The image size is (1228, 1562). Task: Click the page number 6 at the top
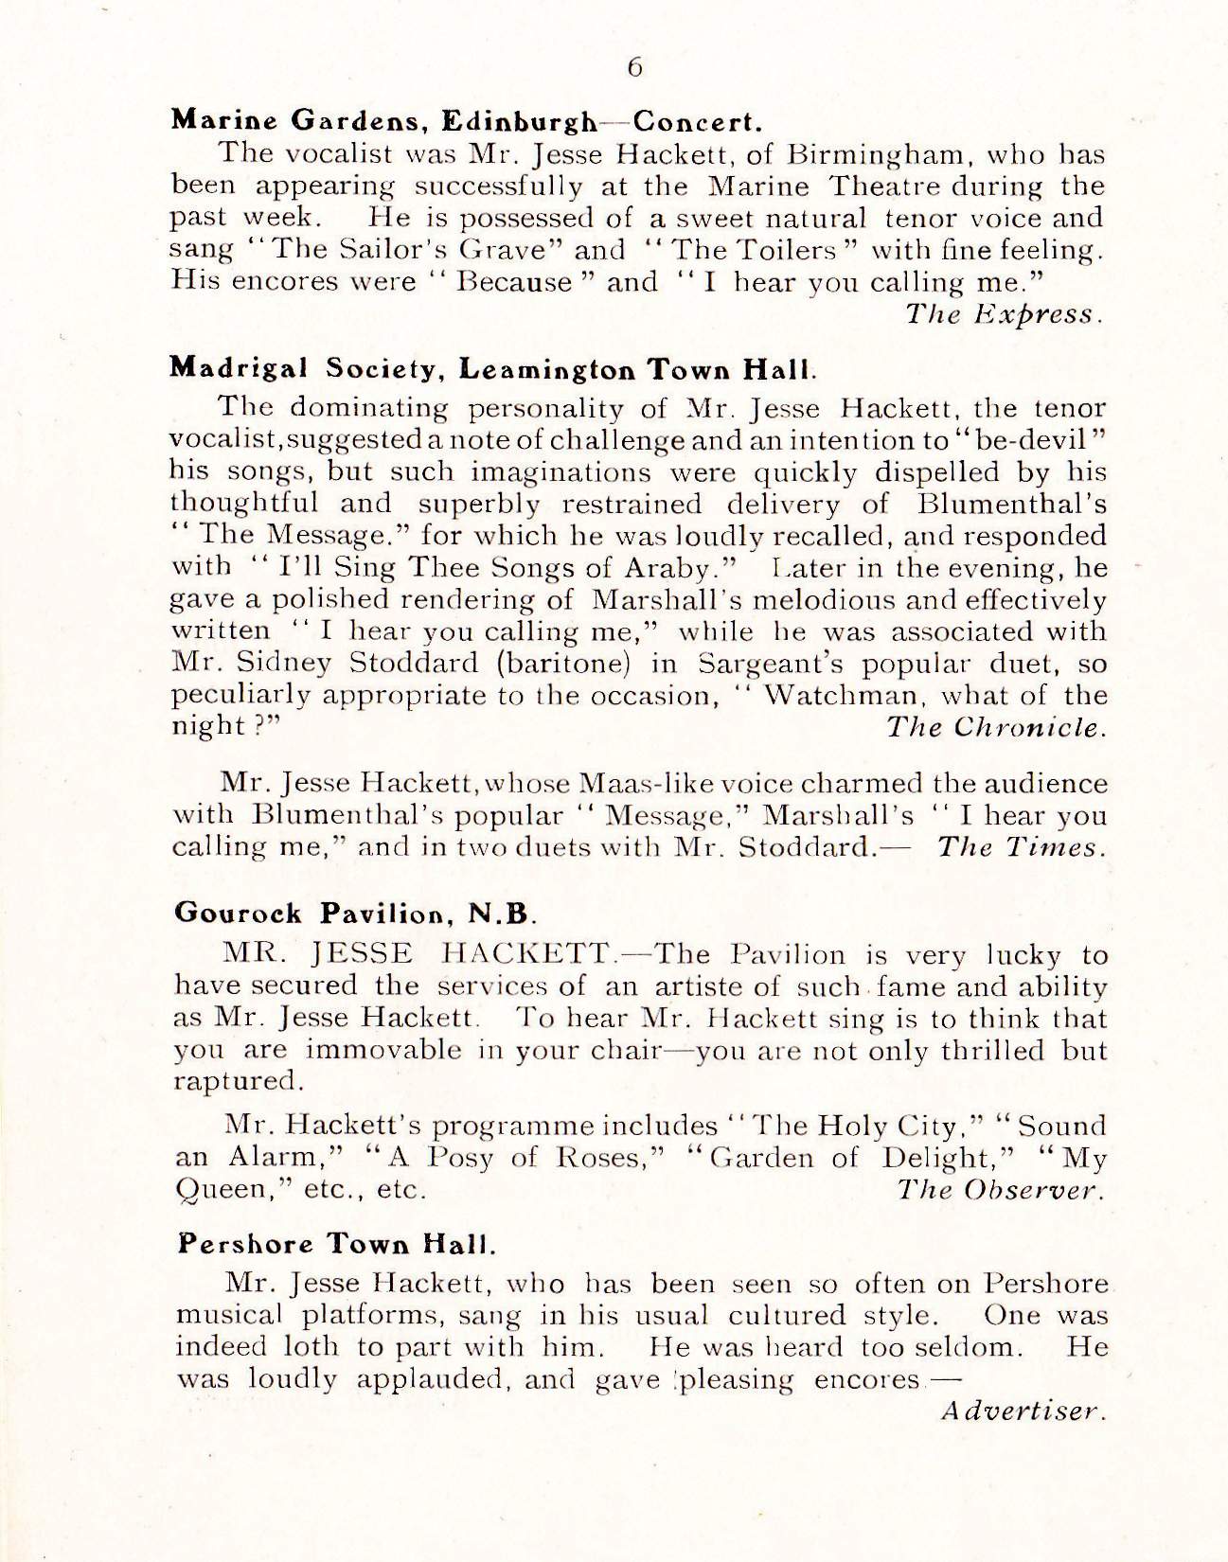pyautogui.click(x=634, y=66)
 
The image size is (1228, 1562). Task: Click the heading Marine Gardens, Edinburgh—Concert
pyautogui.click(x=467, y=121)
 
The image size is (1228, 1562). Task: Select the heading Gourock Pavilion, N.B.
pyautogui.click(x=357, y=914)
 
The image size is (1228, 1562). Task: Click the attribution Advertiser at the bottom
pyautogui.click(x=1024, y=1410)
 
